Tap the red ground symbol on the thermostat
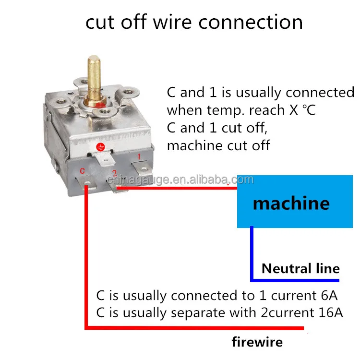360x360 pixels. coord(100,147)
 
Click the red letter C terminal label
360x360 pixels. coord(82,170)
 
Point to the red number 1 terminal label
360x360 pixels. coord(139,156)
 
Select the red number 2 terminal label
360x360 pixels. coord(115,173)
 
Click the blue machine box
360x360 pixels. coord(295,202)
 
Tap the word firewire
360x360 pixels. coord(257,342)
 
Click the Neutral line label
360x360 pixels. coord(300,268)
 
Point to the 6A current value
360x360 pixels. coord(329,295)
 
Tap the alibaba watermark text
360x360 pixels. coord(180,180)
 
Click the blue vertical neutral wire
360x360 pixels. coord(252,253)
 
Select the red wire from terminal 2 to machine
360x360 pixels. coord(177,188)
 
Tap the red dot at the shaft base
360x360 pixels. coord(100,105)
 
